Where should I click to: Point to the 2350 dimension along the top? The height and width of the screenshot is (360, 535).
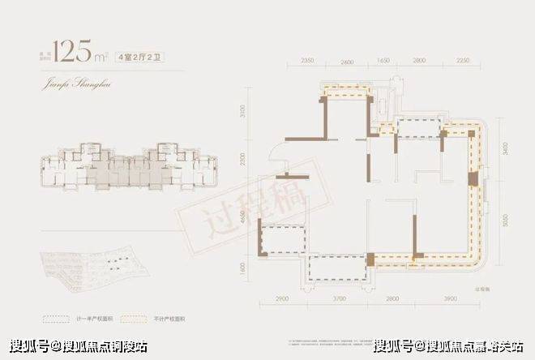coord(307,62)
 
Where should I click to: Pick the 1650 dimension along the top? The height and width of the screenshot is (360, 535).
coord(384,62)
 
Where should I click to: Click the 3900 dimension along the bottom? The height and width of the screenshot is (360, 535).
coord(447,301)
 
